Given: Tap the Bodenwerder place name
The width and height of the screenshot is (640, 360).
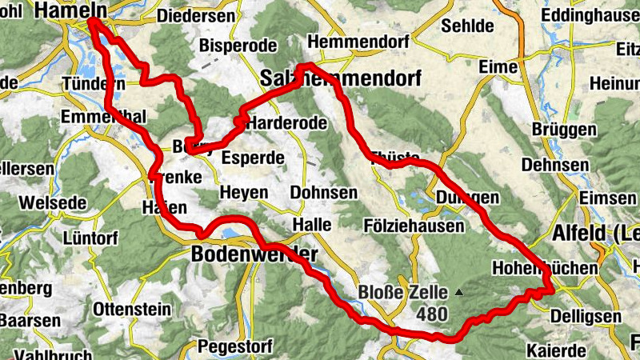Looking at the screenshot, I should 254,254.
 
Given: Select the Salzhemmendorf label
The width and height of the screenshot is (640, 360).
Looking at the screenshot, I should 341,77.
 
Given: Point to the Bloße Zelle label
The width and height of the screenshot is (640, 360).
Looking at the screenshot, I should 403,293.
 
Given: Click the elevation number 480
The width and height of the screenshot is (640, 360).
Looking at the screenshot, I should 431,314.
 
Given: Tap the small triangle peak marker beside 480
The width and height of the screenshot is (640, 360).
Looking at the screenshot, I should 459,293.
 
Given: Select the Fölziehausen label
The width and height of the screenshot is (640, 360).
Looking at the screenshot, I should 414,226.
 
